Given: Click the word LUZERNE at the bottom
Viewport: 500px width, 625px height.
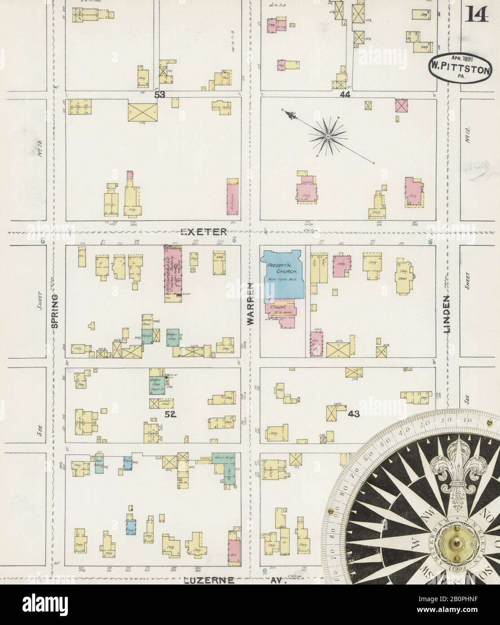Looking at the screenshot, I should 209,580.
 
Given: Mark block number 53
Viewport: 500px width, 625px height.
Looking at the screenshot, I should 159,95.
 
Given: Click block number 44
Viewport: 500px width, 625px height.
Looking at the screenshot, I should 345,95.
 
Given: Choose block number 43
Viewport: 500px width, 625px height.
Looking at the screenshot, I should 354,414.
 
